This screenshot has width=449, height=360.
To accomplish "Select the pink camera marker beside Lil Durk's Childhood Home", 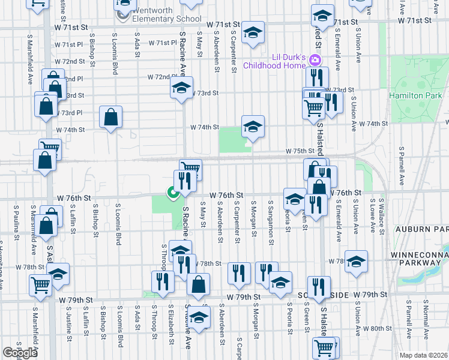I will click(316, 61).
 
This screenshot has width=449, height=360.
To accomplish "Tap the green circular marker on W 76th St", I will click(172, 193).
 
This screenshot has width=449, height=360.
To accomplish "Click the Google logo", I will click(20, 353).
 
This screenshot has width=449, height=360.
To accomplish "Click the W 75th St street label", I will click(300, 151).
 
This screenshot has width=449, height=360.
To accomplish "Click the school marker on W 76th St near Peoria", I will click(295, 199).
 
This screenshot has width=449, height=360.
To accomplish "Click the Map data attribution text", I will click(423, 355).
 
